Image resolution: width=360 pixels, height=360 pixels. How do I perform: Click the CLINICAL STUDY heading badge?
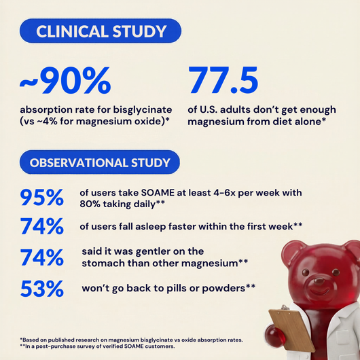[101, 31]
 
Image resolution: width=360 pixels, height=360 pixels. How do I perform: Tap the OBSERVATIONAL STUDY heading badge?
[100, 162]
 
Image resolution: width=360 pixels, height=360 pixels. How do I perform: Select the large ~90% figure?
[65, 80]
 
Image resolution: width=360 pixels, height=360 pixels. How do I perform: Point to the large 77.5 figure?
[223, 79]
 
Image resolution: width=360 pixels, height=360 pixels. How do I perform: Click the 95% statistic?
[42, 197]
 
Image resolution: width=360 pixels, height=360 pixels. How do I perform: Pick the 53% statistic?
[42, 289]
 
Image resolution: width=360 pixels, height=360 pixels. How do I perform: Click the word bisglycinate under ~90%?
[143, 110]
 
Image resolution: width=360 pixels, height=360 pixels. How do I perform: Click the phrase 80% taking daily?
[118, 204]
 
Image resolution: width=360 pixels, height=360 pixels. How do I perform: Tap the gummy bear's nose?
[319, 281]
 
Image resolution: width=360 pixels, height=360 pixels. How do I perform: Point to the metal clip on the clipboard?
[285, 308]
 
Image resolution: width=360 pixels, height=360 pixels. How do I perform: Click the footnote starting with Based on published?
[131, 340]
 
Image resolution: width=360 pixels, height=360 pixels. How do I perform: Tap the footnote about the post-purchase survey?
[97, 346]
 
